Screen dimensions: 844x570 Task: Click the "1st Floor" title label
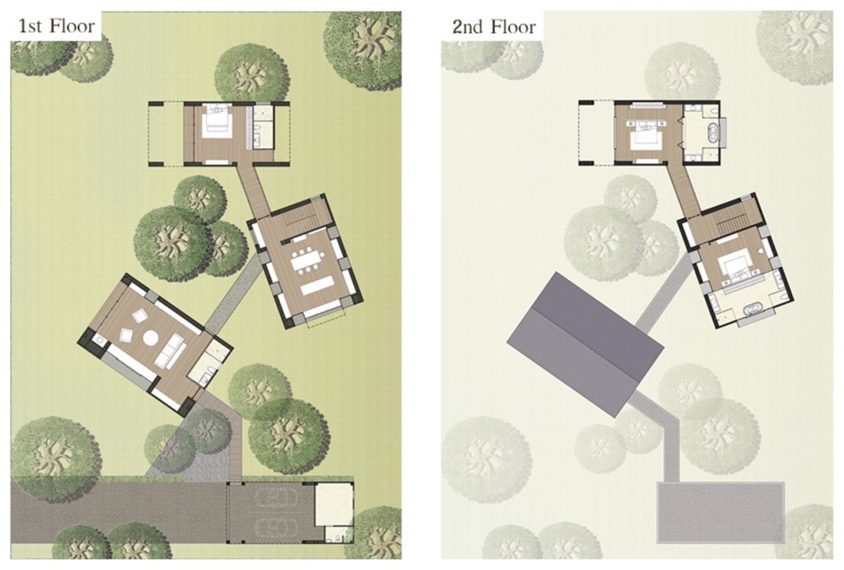(57, 26)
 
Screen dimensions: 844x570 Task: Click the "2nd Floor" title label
(494, 26)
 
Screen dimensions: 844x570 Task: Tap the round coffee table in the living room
(150, 338)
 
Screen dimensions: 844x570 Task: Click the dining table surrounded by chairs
(305, 259)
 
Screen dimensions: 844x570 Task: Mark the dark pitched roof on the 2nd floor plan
(585, 344)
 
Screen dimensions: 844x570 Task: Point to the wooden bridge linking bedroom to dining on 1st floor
(253, 189)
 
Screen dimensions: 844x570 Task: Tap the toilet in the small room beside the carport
(335, 537)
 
